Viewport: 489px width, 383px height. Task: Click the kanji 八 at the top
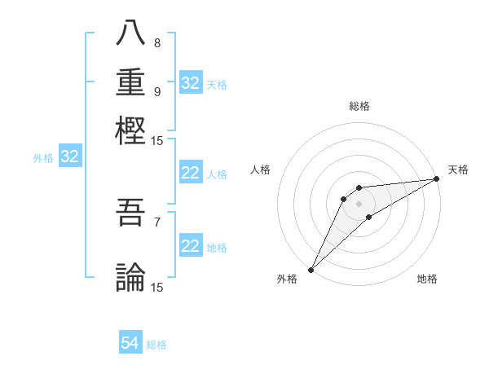[x=131, y=33]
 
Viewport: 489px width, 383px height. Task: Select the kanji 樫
[x=131, y=130]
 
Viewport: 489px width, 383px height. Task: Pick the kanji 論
[x=131, y=277]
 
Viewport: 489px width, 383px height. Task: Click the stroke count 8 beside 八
[x=157, y=42]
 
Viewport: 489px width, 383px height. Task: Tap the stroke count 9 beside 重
[x=157, y=91]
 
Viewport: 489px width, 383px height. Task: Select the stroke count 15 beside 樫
[x=157, y=140]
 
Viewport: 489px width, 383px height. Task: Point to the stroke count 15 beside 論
[x=157, y=287]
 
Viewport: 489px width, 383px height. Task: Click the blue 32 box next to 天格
[x=191, y=83]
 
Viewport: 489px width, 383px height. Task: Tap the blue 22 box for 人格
[x=191, y=173]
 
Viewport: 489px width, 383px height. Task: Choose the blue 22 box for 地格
[x=191, y=246]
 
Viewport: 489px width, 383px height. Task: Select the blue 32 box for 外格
[x=70, y=157]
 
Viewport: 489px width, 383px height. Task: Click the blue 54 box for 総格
[x=130, y=344]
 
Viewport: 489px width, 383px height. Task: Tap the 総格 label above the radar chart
[x=359, y=106]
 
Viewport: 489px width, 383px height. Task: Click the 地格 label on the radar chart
[x=427, y=279]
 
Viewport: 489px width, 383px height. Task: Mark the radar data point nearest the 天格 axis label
[x=437, y=179]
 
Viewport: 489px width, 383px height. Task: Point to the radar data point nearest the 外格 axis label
[x=311, y=270]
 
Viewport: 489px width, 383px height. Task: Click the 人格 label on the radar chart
[x=261, y=169]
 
